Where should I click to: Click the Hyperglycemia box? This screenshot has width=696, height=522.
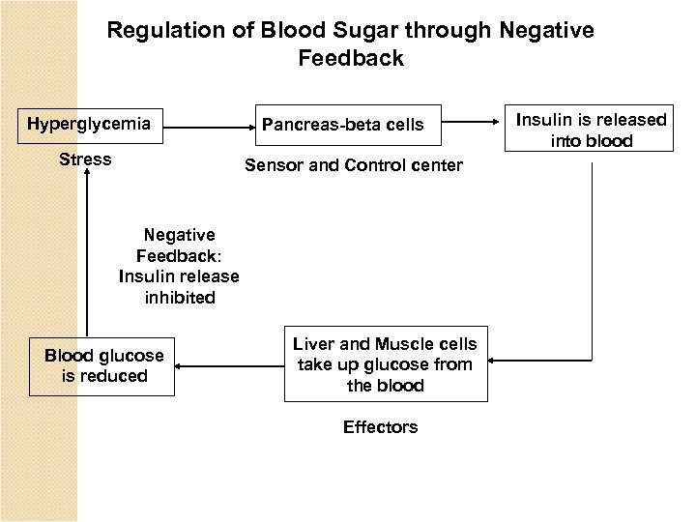pos(88,124)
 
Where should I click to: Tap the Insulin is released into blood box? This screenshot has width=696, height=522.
pos(591,130)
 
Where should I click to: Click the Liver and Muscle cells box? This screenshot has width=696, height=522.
pos(385,364)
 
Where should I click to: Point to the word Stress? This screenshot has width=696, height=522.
pos(85,159)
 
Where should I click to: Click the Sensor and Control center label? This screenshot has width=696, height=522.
pos(353,165)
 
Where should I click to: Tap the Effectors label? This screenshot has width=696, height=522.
pos(380,427)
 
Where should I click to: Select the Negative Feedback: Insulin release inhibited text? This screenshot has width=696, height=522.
pos(179,266)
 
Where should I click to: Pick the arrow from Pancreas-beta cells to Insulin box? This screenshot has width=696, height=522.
pos(474,123)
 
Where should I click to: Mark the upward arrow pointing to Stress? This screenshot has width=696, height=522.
pos(86,251)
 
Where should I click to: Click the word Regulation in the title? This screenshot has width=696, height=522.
pos(158,31)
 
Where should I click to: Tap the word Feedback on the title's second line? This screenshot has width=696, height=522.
pos(350,59)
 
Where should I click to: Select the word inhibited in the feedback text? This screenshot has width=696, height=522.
pos(179,298)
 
